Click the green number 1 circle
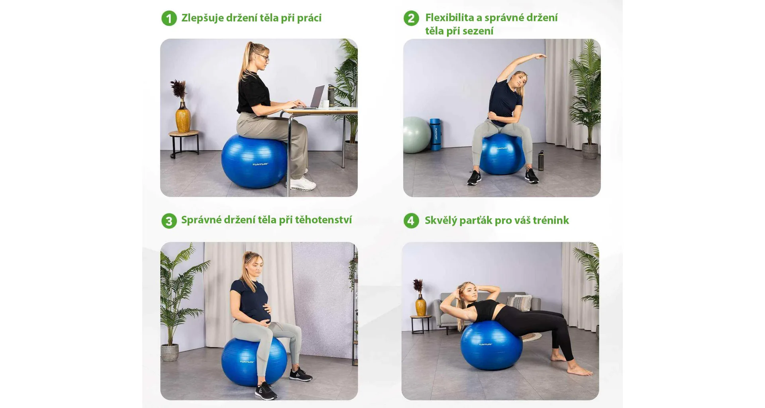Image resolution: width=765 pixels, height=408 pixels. pos(169,18)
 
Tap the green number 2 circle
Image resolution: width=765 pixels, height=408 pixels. pos(411,18)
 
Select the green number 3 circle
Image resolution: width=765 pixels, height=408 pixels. pos(169,221)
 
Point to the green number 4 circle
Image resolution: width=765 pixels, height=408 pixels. pos(411,221)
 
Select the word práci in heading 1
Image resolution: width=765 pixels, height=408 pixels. pos(309,18)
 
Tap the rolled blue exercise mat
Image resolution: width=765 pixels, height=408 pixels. pos(435,134)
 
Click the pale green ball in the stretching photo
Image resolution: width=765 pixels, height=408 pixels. pos(416,135)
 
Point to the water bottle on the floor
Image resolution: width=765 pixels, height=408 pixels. pos(541,160)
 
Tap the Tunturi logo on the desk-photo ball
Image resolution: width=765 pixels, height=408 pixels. pos(260,164)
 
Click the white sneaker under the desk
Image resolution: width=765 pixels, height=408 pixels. pos(302,183)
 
